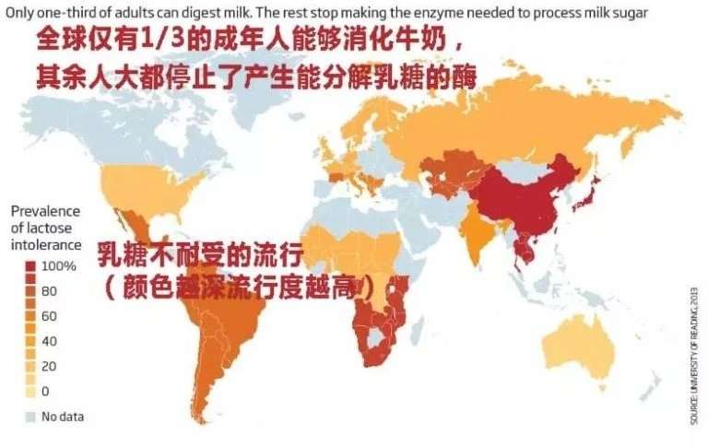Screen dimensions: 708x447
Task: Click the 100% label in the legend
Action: click(58, 266)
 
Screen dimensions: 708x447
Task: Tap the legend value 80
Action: click(50, 291)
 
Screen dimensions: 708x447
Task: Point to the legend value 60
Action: click(50, 316)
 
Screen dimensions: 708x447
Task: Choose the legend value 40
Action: click(50, 341)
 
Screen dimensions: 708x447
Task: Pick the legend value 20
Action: click(50, 366)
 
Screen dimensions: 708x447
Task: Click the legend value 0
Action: click(46, 391)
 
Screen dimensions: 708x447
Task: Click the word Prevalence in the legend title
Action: click(47, 211)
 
